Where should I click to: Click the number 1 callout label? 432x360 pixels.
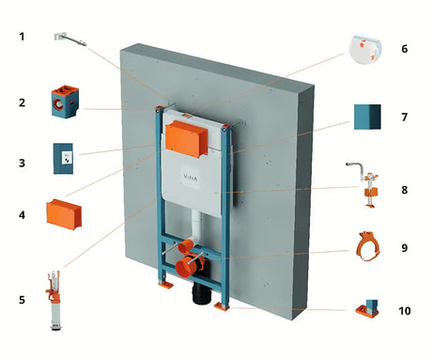[22, 37]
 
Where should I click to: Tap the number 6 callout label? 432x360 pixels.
[405, 49]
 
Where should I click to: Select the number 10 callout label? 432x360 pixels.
[405, 311]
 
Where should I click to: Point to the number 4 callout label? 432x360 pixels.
[22, 215]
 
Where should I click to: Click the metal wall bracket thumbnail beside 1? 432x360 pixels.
[69, 39]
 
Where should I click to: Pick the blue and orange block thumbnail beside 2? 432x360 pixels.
[65, 102]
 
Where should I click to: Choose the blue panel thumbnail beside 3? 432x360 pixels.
[63, 159]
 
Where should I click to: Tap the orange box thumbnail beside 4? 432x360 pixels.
[64, 214]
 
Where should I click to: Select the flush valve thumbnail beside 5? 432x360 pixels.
[54, 300]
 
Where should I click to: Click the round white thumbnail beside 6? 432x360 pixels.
[365, 49]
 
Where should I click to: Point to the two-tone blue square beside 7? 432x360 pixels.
[367, 117]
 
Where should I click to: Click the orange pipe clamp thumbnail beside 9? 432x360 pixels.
[368, 246]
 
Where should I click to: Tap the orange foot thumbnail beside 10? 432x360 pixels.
[367, 309]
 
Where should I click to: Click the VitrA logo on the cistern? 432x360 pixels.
[190, 179]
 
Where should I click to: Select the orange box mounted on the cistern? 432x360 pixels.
[186, 139]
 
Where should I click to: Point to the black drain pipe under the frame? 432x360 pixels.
[202, 293]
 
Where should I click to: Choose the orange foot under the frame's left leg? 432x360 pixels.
[165, 285]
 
